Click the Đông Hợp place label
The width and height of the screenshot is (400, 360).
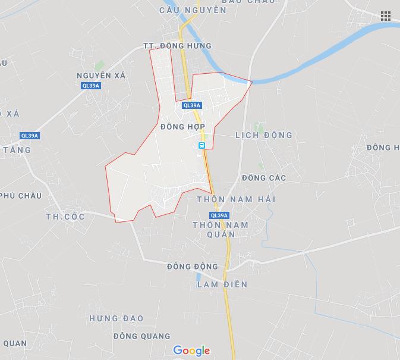(182, 127)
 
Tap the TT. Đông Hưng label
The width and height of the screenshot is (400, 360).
(177, 46)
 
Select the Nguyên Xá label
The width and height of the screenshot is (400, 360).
(101, 76)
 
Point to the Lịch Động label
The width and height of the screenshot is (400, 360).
(264, 135)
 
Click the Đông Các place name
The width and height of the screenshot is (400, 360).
(264, 178)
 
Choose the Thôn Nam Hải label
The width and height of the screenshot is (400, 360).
(236, 199)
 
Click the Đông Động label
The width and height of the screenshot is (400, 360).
(193, 267)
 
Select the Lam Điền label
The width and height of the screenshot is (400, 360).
(222, 284)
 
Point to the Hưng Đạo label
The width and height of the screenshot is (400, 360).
(116, 318)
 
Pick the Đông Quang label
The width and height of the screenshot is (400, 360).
(141, 336)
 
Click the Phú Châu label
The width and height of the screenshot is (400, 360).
(21, 196)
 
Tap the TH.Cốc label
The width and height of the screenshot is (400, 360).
(65, 217)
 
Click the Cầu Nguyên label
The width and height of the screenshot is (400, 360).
(184, 10)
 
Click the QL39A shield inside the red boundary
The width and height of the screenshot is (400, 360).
(192, 105)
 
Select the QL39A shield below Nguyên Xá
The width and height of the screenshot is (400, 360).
(91, 86)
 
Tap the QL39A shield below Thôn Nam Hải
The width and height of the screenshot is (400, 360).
(219, 215)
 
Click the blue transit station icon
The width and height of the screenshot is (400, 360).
(202, 145)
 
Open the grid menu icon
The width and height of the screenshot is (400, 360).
(386, 16)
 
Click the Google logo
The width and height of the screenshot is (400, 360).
(191, 350)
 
